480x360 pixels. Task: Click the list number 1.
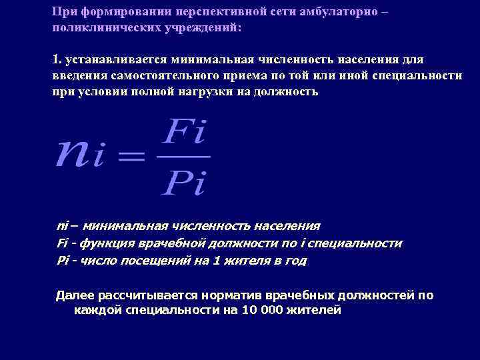(56, 59)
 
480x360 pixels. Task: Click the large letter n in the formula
(74, 155)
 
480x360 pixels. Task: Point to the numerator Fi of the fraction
(185, 133)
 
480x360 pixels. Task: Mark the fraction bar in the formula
(185, 157)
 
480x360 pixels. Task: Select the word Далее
(74, 295)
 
